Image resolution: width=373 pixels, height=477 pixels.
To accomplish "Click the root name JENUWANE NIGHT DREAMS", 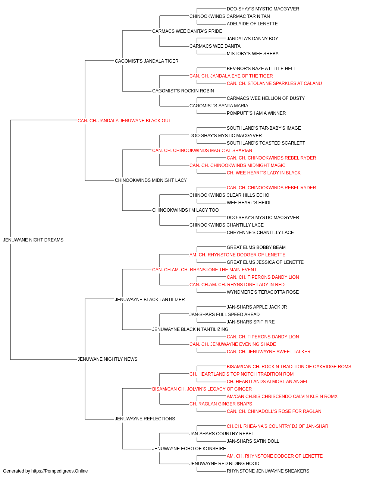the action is point(33,240).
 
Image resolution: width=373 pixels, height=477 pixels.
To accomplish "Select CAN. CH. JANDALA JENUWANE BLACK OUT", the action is point(124,121).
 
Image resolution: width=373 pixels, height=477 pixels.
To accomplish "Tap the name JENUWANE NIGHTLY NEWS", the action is point(107,359).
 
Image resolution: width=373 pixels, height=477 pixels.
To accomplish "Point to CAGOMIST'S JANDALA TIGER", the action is point(147,61).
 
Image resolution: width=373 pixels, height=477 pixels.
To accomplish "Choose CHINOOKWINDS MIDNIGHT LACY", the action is point(151,180).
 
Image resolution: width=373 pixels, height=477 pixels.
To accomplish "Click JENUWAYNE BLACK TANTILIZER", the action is point(150,299).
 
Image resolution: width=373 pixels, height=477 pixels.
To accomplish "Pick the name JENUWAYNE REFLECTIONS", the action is point(145,418).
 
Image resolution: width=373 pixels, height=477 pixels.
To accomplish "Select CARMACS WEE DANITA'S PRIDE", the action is point(187,31).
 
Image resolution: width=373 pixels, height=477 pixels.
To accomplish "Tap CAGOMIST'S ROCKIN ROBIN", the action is point(183,91).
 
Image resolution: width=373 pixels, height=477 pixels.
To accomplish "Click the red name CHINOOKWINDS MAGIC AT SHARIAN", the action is point(202,150).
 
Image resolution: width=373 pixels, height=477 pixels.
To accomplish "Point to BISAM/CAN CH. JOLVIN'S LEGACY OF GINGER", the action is point(202,389).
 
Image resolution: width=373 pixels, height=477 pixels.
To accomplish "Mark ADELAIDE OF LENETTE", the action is point(252,24).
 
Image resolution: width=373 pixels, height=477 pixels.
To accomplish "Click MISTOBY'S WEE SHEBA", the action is point(253,54).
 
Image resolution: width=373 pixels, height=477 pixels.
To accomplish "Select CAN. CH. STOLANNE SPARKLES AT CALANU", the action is point(274,83).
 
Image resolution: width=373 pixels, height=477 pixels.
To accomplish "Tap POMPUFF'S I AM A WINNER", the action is point(256,113).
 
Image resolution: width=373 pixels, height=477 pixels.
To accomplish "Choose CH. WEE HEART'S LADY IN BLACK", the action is point(264,173).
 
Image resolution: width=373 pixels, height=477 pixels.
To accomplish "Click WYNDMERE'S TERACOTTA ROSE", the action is point(263,292).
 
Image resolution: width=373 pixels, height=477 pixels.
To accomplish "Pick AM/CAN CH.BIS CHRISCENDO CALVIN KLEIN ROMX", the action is point(282,396).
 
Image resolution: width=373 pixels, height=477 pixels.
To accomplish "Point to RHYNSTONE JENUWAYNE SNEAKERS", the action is point(268,471).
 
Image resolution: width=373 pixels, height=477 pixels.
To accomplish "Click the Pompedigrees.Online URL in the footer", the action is point(60,471).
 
